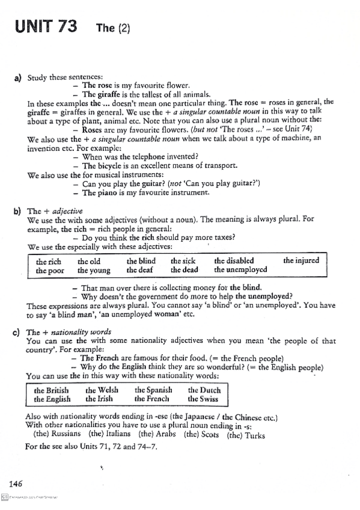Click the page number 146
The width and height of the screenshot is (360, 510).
(x=16, y=483)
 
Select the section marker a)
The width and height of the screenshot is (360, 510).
(x=18, y=78)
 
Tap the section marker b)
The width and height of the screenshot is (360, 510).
(x=17, y=211)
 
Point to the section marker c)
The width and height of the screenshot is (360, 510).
(x=17, y=331)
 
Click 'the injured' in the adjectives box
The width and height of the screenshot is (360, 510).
(x=301, y=261)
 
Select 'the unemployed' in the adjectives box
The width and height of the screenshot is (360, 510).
(x=240, y=270)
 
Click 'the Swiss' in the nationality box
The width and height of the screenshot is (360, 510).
(x=204, y=399)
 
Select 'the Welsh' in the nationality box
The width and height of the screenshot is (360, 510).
(x=102, y=390)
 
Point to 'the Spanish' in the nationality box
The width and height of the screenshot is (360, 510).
(x=153, y=390)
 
